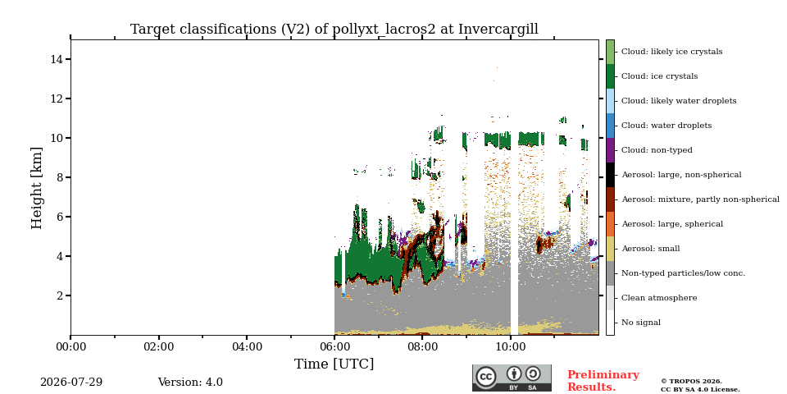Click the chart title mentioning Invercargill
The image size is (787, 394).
[334, 30]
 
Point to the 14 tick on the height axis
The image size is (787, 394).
[57, 59]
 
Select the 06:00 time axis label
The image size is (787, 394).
[334, 346]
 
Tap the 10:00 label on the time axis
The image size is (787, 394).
[511, 346]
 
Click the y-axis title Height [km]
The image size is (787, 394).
[37, 187]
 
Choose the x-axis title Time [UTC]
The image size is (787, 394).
[334, 364]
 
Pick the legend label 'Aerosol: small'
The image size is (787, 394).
[650, 249]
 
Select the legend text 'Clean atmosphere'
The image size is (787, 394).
[659, 298]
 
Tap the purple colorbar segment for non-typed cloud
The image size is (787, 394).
[610, 150]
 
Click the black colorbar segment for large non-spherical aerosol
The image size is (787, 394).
[610, 175]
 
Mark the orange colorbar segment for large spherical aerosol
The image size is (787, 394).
[610, 224]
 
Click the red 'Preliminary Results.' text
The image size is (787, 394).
[603, 381]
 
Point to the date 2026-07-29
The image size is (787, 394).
[71, 383]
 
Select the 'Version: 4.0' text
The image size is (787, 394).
[190, 383]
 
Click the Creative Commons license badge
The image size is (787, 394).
[512, 378]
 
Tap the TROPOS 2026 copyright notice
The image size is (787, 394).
[700, 386]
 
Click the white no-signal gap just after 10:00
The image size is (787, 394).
[514, 227]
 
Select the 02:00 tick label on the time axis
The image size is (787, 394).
[158, 346]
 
